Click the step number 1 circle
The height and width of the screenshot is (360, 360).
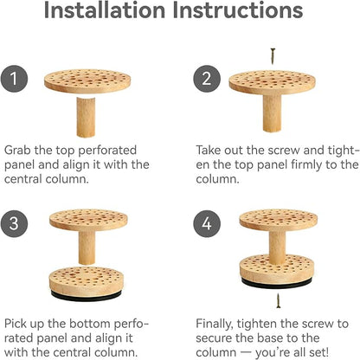click(x=14, y=79)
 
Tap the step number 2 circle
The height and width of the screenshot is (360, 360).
click(x=207, y=79)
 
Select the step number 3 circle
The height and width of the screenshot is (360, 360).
click(x=14, y=223)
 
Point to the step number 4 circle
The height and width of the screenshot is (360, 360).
click(x=207, y=223)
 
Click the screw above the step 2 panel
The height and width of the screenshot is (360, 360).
click(x=273, y=56)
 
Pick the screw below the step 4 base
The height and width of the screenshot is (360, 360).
click(x=279, y=300)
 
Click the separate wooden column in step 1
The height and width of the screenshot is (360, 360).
click(x=86, y=117)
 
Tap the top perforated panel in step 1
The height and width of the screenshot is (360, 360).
click(x=87, y=81)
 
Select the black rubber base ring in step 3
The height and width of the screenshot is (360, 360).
click(x=86, y=296)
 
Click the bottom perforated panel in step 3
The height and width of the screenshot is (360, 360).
click(x=87, y=281)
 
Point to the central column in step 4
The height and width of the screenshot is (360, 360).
click(x=278, y=247)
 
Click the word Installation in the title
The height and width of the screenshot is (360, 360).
click(x=105, y=10)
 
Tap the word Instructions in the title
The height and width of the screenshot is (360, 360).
click(x=238, y=10)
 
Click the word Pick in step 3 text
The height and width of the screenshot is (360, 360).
click(x=16, y=324)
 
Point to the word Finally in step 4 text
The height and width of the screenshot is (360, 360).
click(x=215, y=324)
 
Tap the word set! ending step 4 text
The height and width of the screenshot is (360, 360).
click(x=318, y=352)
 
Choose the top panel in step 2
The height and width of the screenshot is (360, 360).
click(x=272, y=82)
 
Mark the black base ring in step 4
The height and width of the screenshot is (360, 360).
click(x=276, y=283)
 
